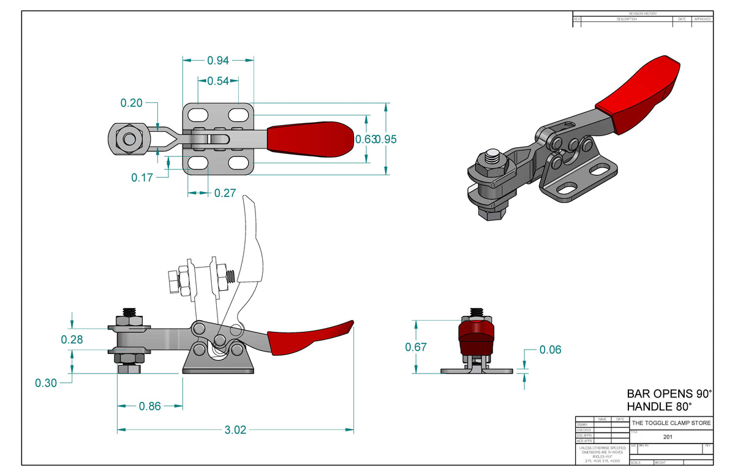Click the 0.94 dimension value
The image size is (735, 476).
pos(218,60)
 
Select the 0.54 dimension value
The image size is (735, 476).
pos(218,81)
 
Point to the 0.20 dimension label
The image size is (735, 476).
pos(132,103)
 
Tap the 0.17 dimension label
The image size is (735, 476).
pos(142,177)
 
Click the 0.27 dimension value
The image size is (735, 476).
pos(225,193)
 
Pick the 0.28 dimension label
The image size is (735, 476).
pos(72,339)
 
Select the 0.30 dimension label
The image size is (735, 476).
pos(46,383)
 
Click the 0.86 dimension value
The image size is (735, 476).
pos(150,406)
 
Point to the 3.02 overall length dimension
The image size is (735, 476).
pos(235,430)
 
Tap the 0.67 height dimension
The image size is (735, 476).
pos(417,347)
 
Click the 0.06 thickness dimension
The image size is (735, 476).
pos(550,350)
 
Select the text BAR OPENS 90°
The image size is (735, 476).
pos(669,394)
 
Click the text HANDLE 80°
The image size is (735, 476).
pos(659,407)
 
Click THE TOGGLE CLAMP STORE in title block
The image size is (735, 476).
pos(671,423)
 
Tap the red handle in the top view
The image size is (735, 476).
pos(310,139)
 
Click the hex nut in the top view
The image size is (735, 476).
pos(129,139)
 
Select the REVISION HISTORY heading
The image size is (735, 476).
pos(643,13)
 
